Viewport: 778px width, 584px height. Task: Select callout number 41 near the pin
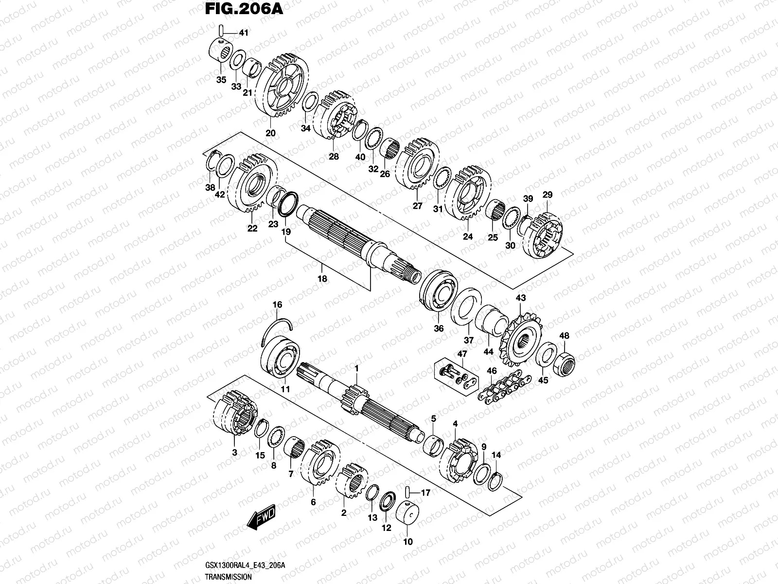(243, 33)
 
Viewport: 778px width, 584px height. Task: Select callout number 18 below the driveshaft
(321, 279)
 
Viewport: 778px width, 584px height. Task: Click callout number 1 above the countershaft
(356, 369)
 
